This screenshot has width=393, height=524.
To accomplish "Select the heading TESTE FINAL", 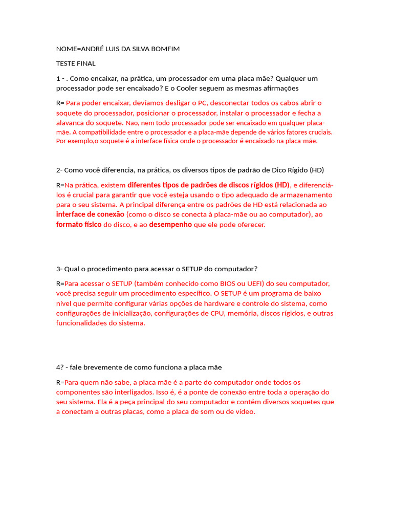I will point(76,64).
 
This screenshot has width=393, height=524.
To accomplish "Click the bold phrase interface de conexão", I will point(90,214).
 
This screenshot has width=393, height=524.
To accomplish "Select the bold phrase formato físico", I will point(79,225).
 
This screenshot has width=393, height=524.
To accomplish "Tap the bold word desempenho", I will point(170,225).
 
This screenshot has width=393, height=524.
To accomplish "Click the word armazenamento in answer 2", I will point(304,195).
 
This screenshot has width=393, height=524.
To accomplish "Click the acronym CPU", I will point(219,313).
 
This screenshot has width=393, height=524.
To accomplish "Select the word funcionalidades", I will point(82,323).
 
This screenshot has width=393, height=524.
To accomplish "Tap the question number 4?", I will point(59,367).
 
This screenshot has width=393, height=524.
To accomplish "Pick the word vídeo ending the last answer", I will point(245,412).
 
